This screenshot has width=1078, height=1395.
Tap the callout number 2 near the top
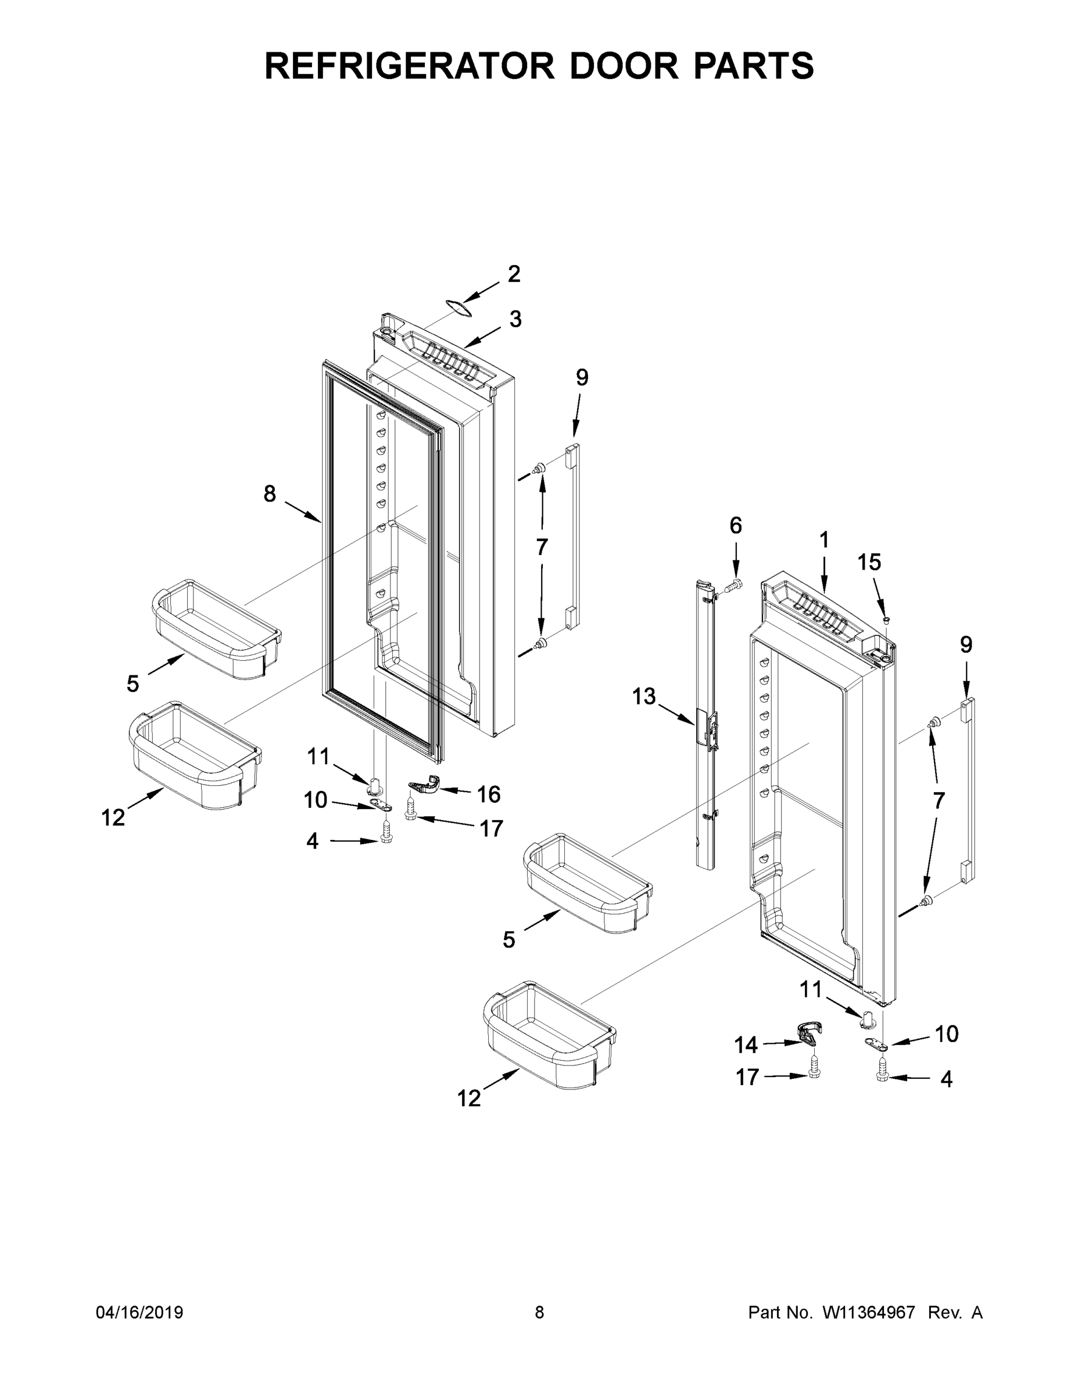click(514, 274)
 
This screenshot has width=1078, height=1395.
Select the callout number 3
click(515, 319)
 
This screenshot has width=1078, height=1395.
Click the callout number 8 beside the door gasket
click(270, 493)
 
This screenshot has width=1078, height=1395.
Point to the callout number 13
click(644, 696)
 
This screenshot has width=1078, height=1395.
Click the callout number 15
click(869, 562)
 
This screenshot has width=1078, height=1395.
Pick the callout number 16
click(489, 794)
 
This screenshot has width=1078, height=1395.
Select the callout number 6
click(736, 525)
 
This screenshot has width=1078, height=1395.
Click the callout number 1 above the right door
click(824, 541)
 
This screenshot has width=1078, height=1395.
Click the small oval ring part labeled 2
click(459, 307)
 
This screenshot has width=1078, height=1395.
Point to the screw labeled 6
click(736, 583)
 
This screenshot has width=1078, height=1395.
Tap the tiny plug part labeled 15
click(886, 620)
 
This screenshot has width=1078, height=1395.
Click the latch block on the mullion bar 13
click(707, 729)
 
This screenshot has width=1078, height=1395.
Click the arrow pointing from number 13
click(676, 714)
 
